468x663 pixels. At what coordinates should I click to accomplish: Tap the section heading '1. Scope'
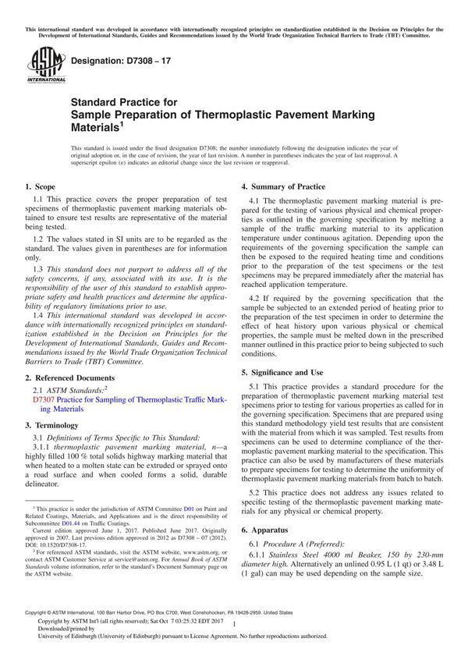click(x=40, y=187)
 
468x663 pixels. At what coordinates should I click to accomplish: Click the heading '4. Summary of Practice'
click(x=283, y=187)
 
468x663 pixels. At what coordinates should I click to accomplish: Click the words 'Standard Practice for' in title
click(x=124, y=101)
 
